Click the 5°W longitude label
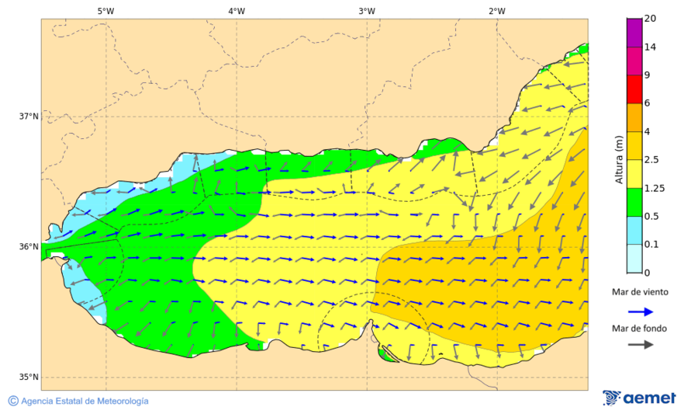click(105, 11)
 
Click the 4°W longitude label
click(237, 11)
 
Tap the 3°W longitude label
click(367, 11)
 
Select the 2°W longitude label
click(497, 11)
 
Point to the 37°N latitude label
click(29, 117)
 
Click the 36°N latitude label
click(29, 247)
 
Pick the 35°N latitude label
click(29, 377)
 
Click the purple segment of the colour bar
click(634, 33)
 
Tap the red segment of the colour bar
click(634, 89)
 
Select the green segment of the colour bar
click(634, 202)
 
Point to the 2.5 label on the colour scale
click(653, 160)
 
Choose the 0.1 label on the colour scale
click(652, 245)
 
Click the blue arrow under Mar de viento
click(640, 311)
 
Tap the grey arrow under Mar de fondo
click(640, 345)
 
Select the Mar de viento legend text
click(639, 292)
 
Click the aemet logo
click(639, 398)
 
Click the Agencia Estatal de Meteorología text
click(85, 401)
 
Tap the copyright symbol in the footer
click(13, 401)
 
